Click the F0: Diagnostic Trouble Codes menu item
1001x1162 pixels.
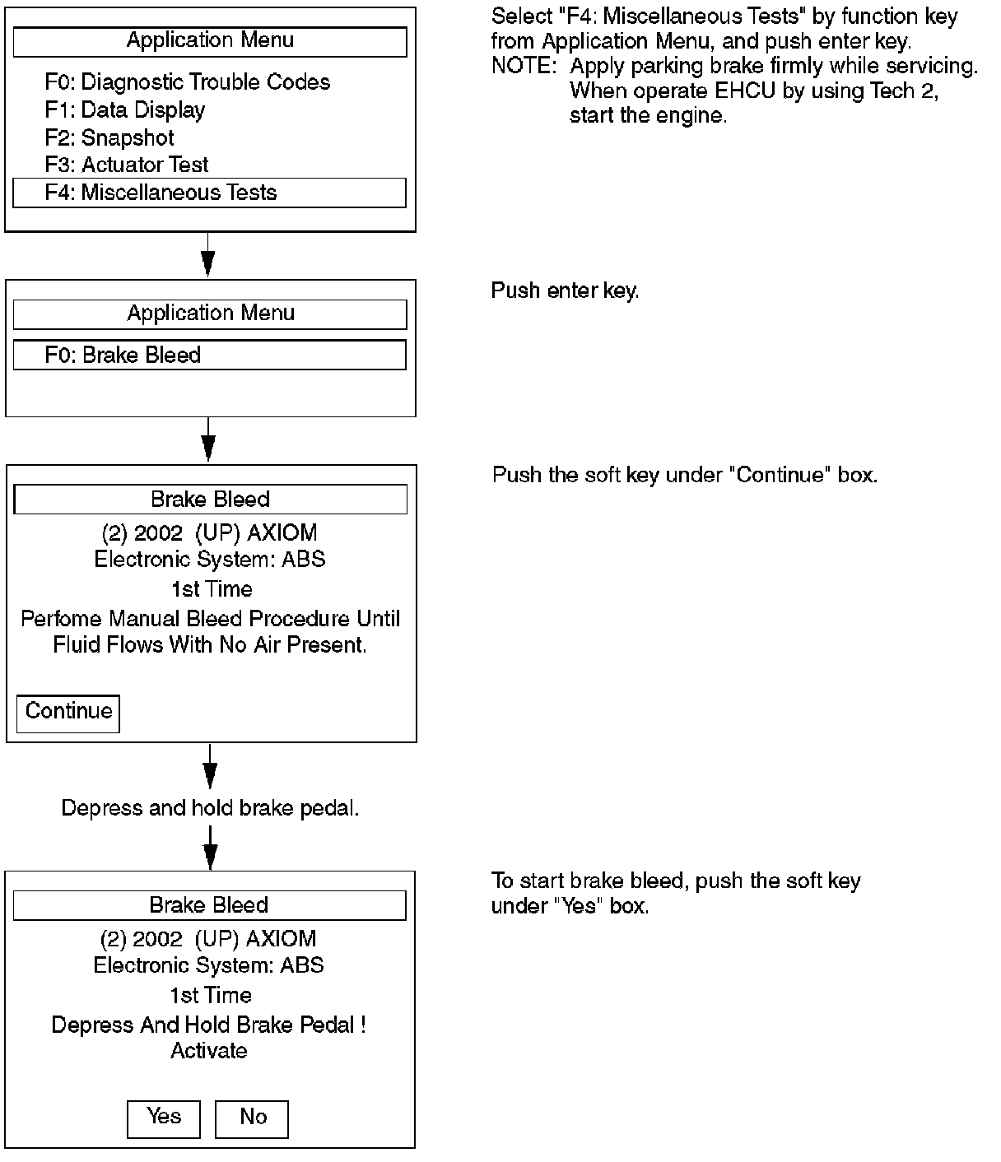[187, 82]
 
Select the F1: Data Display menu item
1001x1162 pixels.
[125, 110]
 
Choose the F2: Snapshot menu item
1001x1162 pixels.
[109, 137]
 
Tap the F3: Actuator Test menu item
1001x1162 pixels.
[127, 165]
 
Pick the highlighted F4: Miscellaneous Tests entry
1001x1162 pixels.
[209, 193]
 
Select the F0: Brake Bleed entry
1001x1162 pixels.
[209, 355]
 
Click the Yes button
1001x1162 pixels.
[164, 1119]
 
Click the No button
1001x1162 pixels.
[252, 1119]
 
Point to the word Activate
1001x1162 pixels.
[209, 1051]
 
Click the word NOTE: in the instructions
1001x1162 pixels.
[524, 67]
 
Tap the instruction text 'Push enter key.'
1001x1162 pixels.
[566, 290]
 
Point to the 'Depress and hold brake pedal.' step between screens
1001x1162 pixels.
[210, 808]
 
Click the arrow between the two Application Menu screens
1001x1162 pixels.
[208, 254]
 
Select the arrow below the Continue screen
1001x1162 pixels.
[210, 767]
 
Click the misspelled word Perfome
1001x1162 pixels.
[61, 619]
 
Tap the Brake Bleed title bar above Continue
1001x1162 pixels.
[210, 500]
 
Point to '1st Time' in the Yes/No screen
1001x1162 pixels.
[211, 996]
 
